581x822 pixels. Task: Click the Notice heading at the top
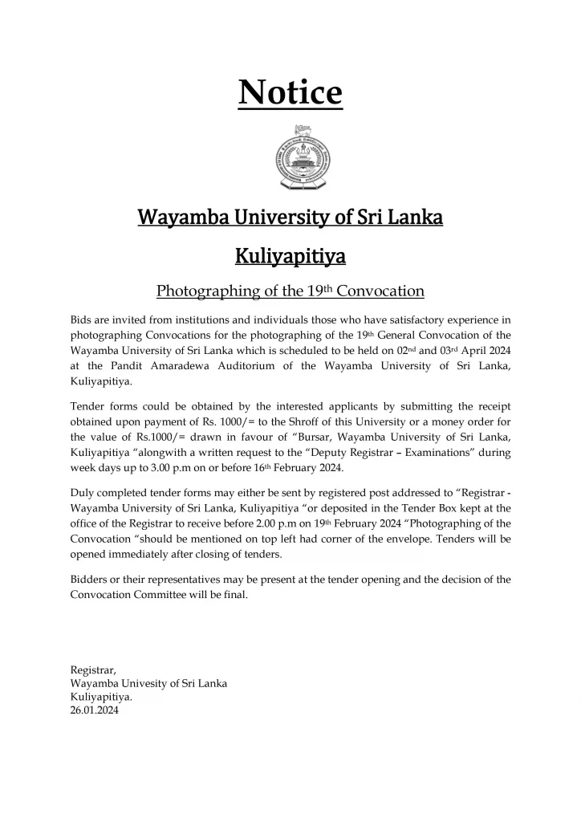[x=290, y=93]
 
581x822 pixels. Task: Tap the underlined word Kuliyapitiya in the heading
[x=290, y=257]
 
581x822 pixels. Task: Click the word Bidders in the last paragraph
[x=91, y=579]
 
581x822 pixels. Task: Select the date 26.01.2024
[x=95, y=710]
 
